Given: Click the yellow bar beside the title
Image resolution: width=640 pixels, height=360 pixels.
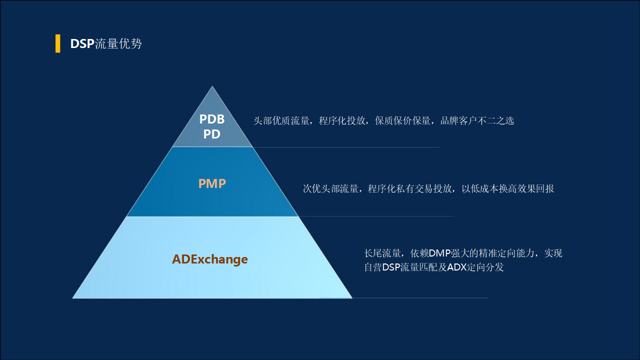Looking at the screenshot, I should pyautogui.click(x=57, y=43).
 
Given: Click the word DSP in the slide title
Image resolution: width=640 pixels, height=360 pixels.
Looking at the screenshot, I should pyautogui.click(x=82, y=44).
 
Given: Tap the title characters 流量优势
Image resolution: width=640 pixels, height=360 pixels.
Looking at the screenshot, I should pyautogui.click(x=118, y=44).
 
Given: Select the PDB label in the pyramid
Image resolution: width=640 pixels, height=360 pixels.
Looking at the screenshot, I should pyautogui.click(x=212, y=119).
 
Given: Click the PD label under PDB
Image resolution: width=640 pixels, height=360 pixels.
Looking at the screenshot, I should pyautogui.click(x=212, y=134).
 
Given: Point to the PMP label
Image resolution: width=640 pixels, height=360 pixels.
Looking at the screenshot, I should pyautogui.click(x=212, y=183).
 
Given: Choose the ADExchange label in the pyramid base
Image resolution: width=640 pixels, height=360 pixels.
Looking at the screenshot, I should pyautogui.click(x=210, y=259).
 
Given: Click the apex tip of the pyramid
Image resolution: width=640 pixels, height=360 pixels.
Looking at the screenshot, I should pyautogui.click(x=212, y=87).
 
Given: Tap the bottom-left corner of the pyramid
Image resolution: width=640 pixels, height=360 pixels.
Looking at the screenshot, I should pyautogui.click(x=73, y=297).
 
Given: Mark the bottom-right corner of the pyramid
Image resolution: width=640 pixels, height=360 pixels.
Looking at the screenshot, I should pyautogui.click(x=351, y=297).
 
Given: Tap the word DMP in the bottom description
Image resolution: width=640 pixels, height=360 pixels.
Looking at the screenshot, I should pyautogui.click(x=440, y=253).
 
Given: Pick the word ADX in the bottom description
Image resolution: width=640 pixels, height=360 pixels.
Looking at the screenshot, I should pyautogui.click(x=457, y=267).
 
